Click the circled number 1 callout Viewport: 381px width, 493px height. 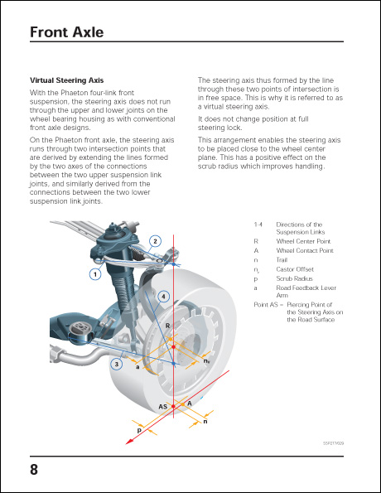[95, 273]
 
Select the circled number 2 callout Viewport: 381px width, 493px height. [155, 241]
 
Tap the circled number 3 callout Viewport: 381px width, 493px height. [118, 363]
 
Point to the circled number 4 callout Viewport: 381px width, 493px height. [164, 296]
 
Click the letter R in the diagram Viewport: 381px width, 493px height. [167, 326]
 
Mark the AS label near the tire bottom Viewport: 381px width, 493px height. [164, 407]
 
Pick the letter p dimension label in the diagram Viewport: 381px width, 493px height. [139, 431]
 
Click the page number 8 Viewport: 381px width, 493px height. [34, 470]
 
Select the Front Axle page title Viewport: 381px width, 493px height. [66, 32]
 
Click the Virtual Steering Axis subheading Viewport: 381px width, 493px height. [66, 80]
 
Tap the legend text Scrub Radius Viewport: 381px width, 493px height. [294, 280]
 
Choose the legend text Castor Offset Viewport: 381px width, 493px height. [296, 269]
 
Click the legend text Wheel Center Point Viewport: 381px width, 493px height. [303, 241]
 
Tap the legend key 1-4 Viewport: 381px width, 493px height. [258, 225]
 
